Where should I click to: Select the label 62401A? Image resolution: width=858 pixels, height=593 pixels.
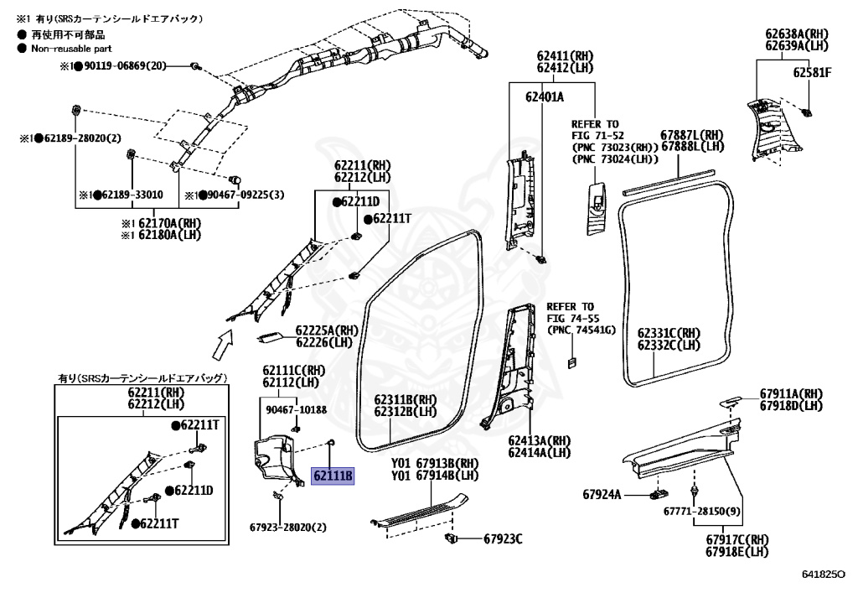tap(545, 97)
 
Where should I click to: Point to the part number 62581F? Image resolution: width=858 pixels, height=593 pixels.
tap(812, 73)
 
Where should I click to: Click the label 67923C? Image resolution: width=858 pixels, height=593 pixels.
tap(503, 538)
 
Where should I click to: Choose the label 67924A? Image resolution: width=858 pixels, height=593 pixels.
tap(602, 495)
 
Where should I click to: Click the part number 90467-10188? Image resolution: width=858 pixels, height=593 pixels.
tap(296, 410)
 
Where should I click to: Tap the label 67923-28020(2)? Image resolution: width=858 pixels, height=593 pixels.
tap(287, 528)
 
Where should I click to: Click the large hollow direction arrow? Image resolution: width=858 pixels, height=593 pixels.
tap(221, 342)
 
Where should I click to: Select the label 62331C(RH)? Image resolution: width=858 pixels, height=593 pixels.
tap(668, 333)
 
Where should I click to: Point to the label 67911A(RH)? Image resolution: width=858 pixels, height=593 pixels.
tap(791, 394)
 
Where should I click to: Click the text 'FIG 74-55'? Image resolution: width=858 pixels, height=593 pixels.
tap(573, 319)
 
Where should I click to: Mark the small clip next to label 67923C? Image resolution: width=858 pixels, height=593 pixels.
tap(452, 537)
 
